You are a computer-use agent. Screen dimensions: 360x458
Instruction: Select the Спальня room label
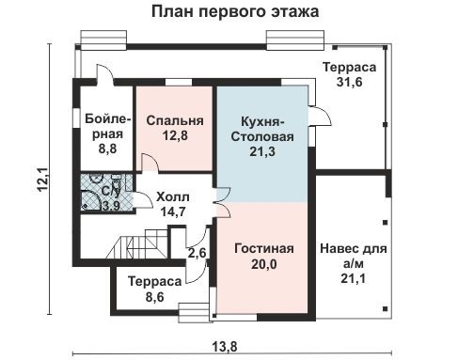[x=175, y=120]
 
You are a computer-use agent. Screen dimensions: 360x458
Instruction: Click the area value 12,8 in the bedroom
[x=175, y=137]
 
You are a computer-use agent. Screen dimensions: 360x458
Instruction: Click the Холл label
[x=172, y=196]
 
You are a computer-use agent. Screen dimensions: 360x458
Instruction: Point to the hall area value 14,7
[x=172, y=212]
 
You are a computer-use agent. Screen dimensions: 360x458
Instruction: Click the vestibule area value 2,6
[x=197, y=253]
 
